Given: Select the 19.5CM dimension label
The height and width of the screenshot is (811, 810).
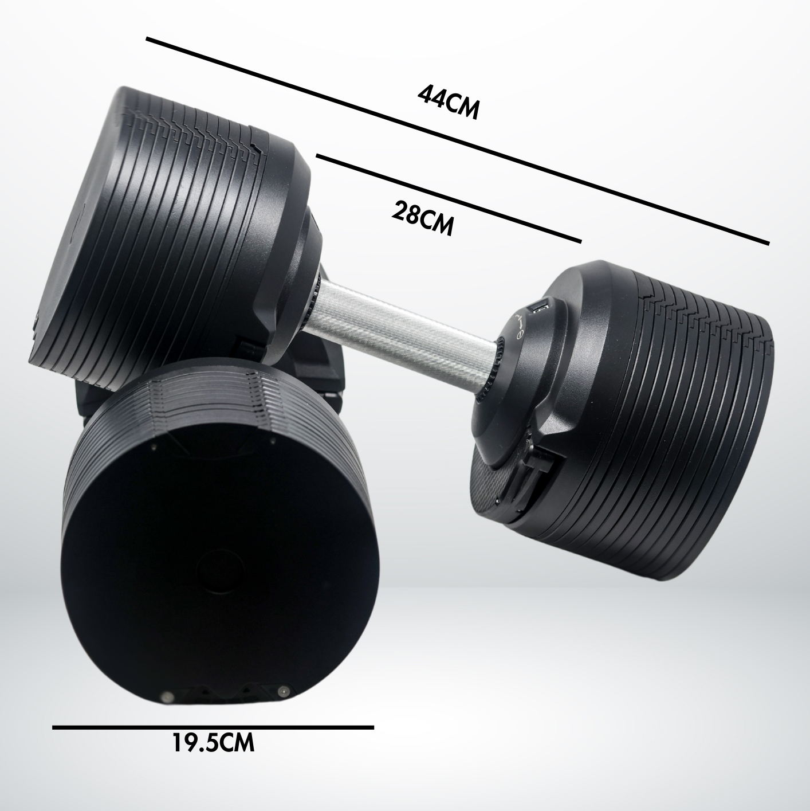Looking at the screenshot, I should pos(213,745).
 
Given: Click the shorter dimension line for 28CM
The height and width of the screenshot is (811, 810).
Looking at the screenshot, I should pos(448,198).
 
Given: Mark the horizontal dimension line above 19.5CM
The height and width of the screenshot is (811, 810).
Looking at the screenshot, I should pos(213,727).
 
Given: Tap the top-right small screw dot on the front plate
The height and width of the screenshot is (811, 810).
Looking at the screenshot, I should pos(270,441).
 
